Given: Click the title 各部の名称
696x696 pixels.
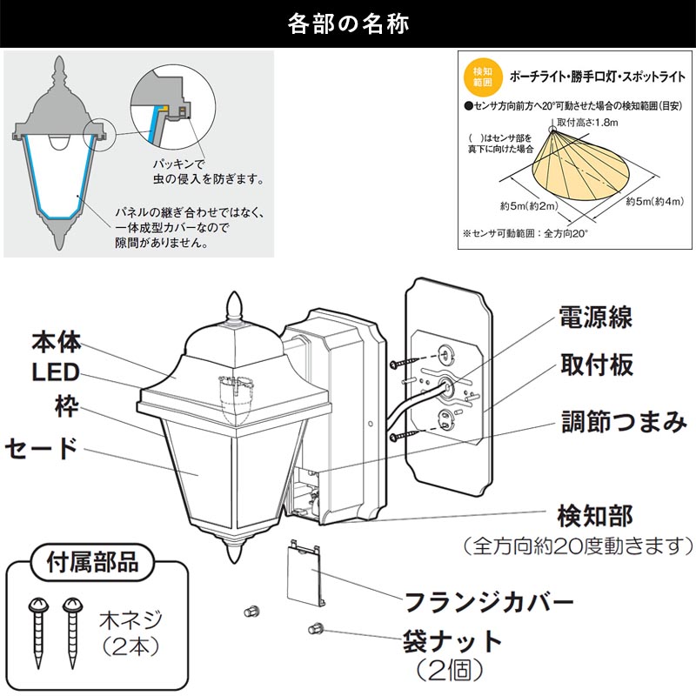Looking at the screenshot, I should tap(347, 23).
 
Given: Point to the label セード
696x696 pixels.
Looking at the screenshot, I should tap(41, 448).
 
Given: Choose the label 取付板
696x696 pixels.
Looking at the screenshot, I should tap(599, 365).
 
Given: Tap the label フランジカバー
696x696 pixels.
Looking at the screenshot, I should tap(488, 601).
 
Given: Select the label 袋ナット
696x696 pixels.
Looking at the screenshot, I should tap(452, 642).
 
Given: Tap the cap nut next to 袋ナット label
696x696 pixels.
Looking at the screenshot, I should tap(315, 628).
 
